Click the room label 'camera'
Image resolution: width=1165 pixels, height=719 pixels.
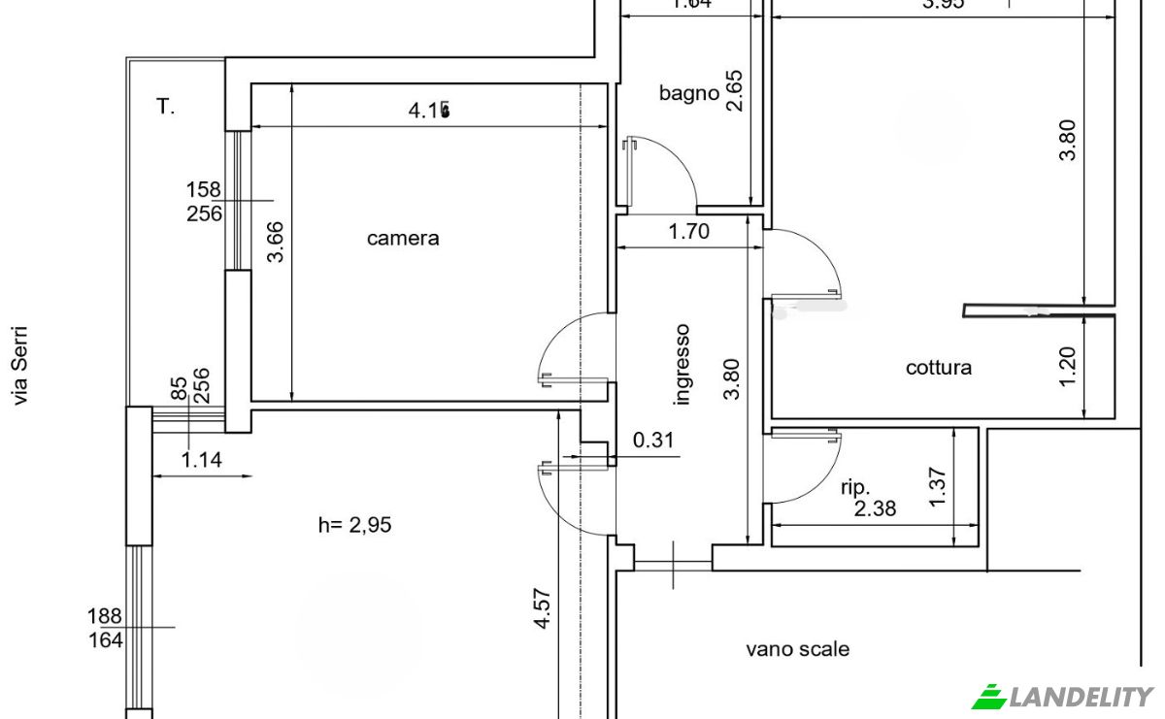(x=403, y=238)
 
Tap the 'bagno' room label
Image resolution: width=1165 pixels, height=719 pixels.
(x=688, y=93)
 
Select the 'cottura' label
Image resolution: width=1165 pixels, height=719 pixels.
(x=938, y=368)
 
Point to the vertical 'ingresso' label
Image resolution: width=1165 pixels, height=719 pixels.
(x=682, y=365)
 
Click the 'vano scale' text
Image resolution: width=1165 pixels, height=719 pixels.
(x=797, y=649)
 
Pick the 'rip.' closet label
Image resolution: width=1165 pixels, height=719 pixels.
(x=855, y=487)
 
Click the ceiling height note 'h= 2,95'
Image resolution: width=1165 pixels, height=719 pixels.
(x=355, y=525)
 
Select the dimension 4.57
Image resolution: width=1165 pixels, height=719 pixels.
(x=543, y=609)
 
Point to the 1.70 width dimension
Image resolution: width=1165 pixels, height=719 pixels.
(x=688, y=231)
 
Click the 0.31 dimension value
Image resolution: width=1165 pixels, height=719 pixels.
(x=653, y=440)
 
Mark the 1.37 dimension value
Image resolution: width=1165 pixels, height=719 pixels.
(x=937, y=487)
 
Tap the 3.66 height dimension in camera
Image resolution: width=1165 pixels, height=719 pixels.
(x=277, y=243)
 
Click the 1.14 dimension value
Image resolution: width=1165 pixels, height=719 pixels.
(x=202, y=460)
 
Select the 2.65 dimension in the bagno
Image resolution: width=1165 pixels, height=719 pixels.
(x=734, y=90)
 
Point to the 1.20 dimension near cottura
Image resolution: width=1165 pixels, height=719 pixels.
(x=1068, y=367)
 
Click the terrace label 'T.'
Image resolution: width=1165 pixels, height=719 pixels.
(x=166, y=107)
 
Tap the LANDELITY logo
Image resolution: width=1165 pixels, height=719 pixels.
(x=1063, y=696)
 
